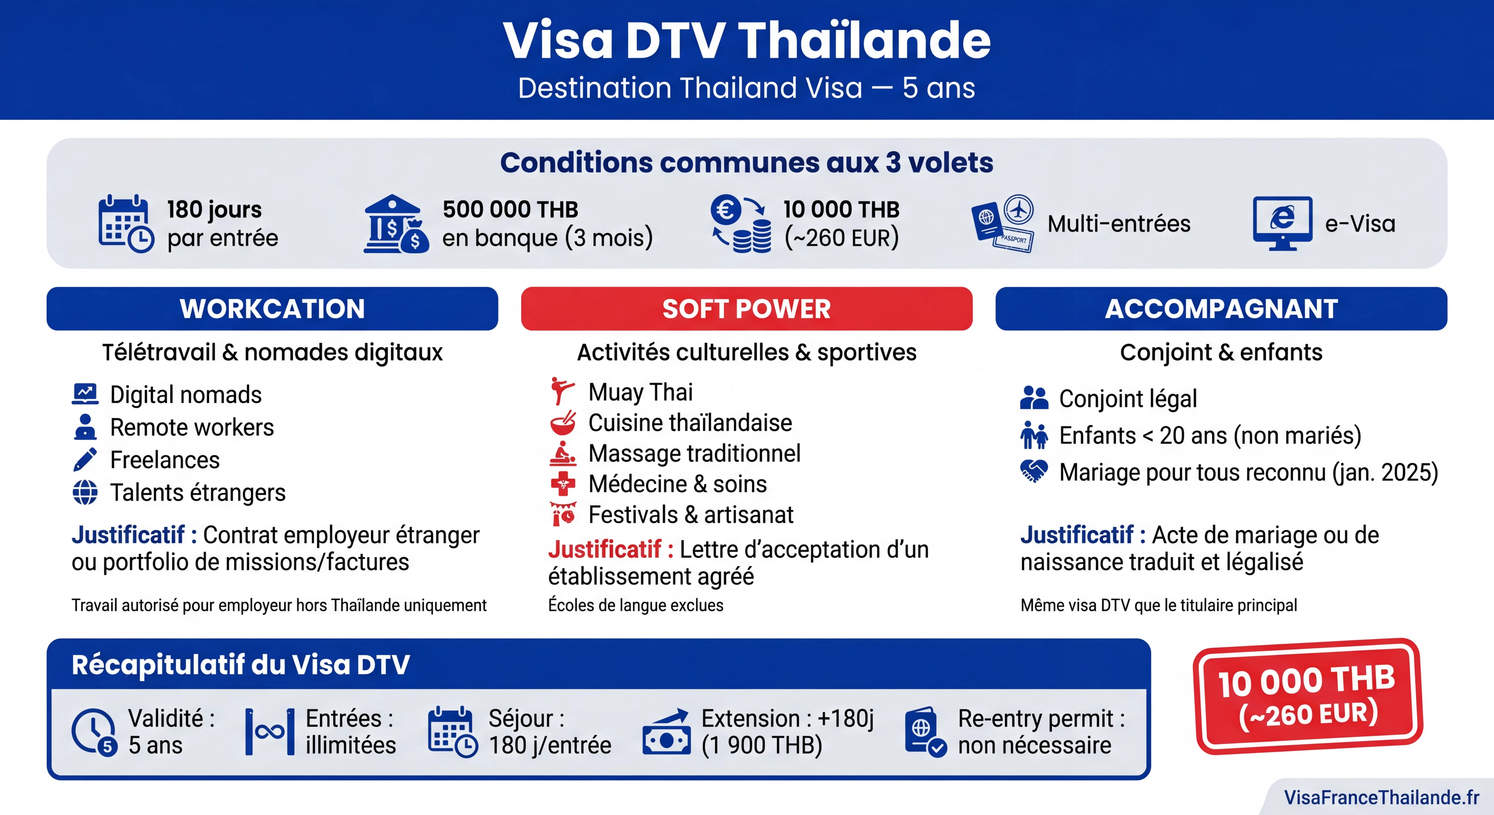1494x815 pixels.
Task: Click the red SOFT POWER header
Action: tap(746, 309)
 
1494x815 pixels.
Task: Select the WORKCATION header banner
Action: tap(272, 309)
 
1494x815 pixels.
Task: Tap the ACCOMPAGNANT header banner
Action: tap(1221, 309)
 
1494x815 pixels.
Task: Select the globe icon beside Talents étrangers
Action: tap(85, 492)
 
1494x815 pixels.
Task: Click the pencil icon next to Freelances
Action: tap(85, 459)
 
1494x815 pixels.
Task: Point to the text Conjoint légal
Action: tap(1127, 398)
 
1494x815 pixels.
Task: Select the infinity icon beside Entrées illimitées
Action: tap(270, 732)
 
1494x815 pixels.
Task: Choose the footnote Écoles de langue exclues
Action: tap(636, 605)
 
